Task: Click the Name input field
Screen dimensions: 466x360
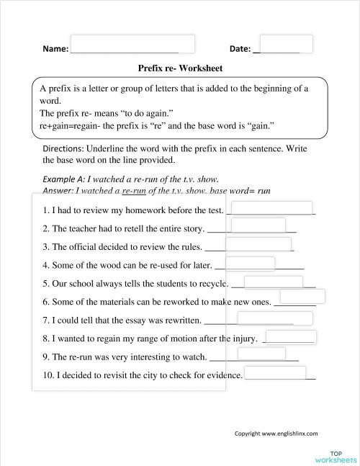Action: [133, 43]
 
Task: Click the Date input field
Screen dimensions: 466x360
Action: [286, 43]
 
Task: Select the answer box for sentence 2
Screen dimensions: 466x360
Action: [238, 226]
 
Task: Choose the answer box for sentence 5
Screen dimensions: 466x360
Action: [274, 282]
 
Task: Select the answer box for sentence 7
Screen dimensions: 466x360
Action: [265, 318]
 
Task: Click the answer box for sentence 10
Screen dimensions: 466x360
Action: [276, 373]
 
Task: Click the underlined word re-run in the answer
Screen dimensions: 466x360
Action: [130, 191]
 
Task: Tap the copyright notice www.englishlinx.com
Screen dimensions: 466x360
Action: [276, 434]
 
